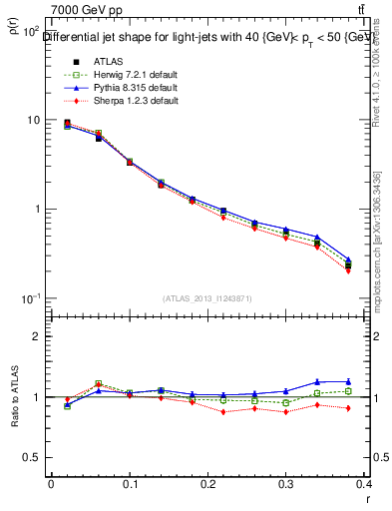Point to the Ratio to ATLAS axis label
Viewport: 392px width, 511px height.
pos(13,397)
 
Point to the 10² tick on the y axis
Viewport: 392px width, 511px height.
pos(31,31)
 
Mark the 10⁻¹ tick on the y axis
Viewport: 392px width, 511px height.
pos(31,298)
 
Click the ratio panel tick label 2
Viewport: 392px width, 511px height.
pos(38,336)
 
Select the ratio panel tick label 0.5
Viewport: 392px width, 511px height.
pos(34,457)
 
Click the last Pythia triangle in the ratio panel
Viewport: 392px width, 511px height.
pos(348,381)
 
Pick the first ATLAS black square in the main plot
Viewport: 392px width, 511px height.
pos(67,123)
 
